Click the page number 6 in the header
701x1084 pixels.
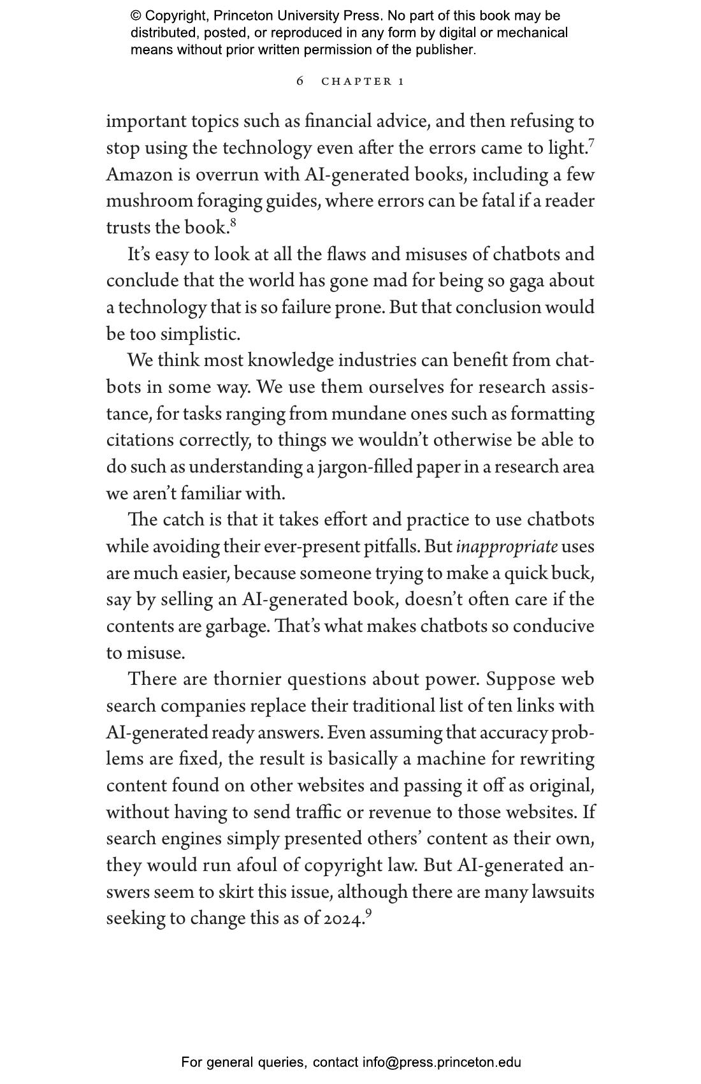(300, 81)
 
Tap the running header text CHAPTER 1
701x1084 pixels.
(363, 82)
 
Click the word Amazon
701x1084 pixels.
(139, 175)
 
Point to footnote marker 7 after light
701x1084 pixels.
(592, 142)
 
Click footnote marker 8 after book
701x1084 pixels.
(233, 222)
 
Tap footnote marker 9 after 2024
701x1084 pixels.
(368, 912)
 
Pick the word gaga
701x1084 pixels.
(526, 281)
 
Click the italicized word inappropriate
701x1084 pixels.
(507, 547)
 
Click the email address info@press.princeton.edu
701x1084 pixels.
(442, 1062)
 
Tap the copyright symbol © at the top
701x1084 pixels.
(136, 16)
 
